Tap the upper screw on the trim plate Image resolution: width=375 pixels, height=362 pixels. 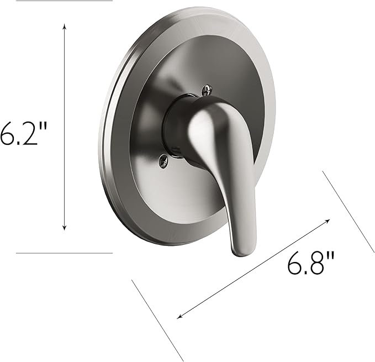pyautogui.click(x=207, y=87)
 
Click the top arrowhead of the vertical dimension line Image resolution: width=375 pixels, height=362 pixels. pyautogui.click(x=65, y=26)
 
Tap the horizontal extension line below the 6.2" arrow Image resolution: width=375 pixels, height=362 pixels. pyautogui.click(x=64, y=253)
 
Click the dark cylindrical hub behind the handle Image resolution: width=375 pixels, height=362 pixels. pyautogui.click(x=177, y=124)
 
